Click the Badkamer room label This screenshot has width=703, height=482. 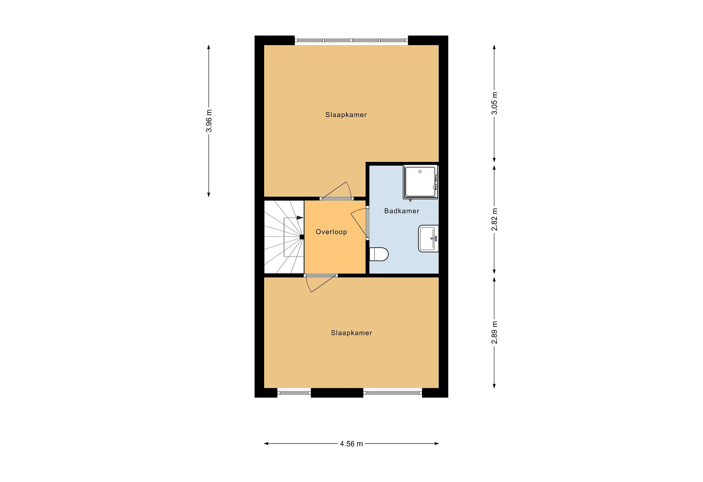point(402,211)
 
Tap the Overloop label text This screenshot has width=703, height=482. point(331,232)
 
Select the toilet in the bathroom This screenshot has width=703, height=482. point(379,254)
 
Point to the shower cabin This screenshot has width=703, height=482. point(421,182)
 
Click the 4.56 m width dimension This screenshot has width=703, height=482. point(351,444)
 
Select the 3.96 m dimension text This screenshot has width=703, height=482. point(209,121)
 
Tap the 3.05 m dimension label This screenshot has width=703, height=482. point(494,103)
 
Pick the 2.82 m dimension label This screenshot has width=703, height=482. point(494,219)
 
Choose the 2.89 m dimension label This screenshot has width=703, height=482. point(494,333)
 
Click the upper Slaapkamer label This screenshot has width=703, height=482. point(346,115)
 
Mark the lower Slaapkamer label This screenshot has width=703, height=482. point(351,333)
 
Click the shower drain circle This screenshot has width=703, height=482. point(420,172)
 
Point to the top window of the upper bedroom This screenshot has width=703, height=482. point(351,40)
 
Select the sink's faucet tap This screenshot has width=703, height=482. point(434,238)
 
